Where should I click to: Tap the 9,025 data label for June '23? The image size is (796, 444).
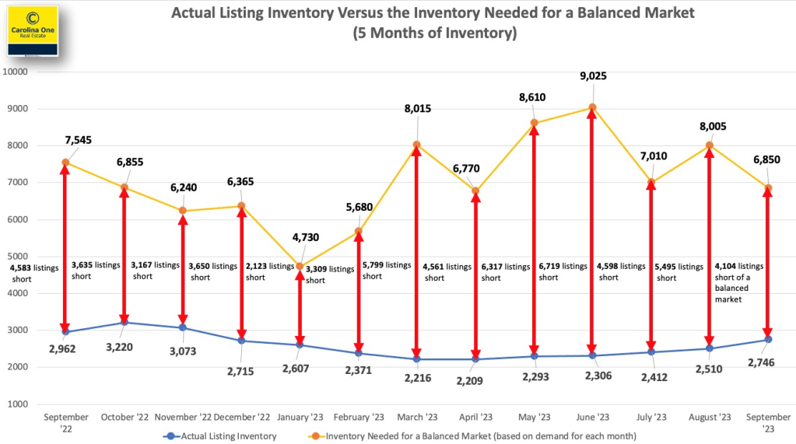[x=592, y=76]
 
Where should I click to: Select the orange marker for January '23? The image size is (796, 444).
[x=300, y=266]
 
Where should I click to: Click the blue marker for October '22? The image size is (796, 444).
[x=124, y=322]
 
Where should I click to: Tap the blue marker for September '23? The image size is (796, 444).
[x=768, y=340]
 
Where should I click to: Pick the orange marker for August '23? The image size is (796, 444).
[x=709, y=145]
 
